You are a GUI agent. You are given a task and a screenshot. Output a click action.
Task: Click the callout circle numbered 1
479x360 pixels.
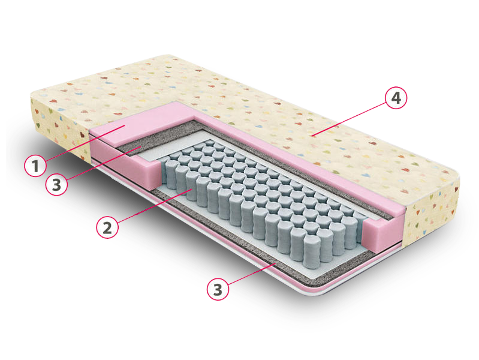tap(35, 166)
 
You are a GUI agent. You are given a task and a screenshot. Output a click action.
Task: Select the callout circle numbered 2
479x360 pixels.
tap(107, 227)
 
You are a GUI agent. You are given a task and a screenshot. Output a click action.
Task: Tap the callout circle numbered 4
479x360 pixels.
tap(396, 98)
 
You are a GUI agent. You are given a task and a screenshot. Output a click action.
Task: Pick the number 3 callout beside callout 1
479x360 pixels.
tap(56, 184)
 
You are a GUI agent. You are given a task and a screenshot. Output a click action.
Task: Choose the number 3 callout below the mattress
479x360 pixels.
tap(218, 289)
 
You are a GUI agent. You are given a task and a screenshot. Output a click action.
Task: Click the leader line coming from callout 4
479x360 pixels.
tap(348, 119)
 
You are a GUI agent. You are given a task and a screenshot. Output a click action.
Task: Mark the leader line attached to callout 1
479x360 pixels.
tap(85, 143)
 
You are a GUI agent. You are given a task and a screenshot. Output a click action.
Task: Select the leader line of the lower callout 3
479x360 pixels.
tap(252, 272)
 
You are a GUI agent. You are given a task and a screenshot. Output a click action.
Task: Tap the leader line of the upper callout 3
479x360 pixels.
tap(103, 163)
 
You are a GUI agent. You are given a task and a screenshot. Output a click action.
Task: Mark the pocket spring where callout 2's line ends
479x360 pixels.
tap(192, 187)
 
